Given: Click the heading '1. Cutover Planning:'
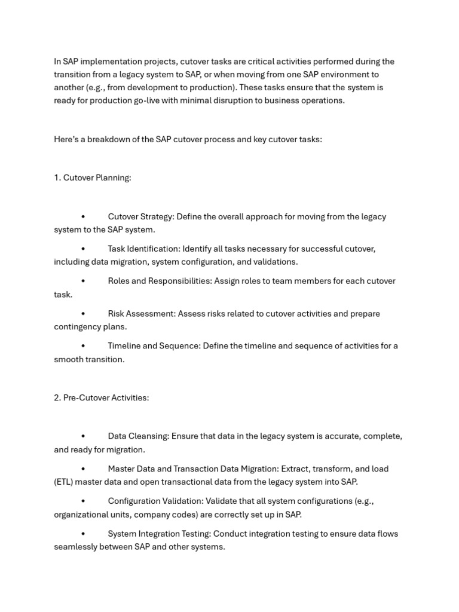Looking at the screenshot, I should tap(93, 178).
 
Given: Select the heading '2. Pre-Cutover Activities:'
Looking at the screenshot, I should tap(101, 398).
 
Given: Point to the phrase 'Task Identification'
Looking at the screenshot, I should tap(144, 249).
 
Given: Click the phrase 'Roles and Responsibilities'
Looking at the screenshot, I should tap(159, 281).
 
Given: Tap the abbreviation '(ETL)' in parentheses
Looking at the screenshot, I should tap(63, 482).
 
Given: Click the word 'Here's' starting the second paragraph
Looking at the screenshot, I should tap(66, 139).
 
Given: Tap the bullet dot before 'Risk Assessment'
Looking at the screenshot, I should tap(83, 314).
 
